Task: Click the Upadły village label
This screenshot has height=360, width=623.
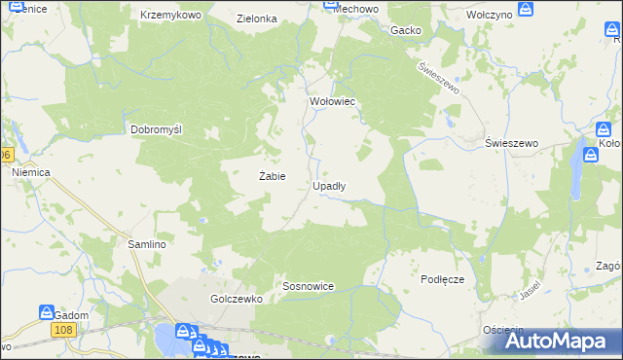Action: point(328,185)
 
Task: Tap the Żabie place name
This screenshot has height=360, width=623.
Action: point(271,176)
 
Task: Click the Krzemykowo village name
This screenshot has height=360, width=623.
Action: point(170,16)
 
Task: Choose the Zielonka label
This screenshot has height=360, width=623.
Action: point(257,18)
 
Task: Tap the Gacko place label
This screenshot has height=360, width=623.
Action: point(405,30)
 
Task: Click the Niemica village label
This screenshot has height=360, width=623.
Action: point(31,172)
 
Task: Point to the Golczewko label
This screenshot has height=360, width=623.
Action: point(237,300)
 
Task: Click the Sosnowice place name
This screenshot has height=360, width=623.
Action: point(309,287)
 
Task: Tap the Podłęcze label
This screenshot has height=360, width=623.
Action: point(443,279)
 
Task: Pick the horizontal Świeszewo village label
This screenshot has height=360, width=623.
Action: point(512,143)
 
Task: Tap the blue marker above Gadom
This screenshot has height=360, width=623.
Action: point(46,313)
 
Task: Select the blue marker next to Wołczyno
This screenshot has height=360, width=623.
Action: point(526,10)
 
